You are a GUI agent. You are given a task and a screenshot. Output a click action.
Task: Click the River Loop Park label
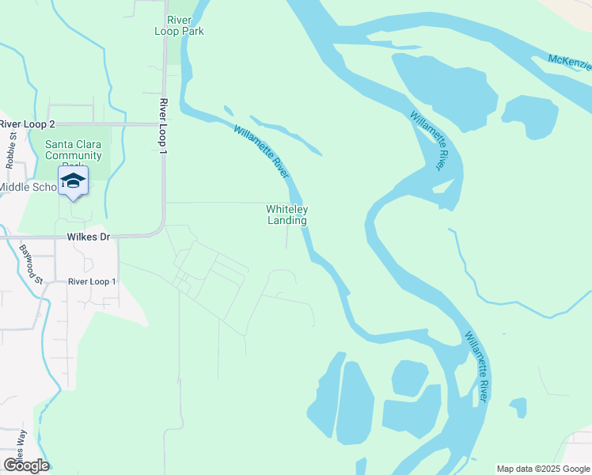pyautogui.click(x=180, y=25)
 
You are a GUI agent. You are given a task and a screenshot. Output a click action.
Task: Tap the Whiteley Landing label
pyautogui.click(x=287, y=215)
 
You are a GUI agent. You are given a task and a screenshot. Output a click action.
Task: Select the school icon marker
pyautogui.click(x=74, y=181)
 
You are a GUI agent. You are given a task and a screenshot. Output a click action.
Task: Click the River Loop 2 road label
pyautogui.click(x=28, y=124)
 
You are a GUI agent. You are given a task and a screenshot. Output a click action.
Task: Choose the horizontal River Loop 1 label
pyautogui.click(x=92, y=282)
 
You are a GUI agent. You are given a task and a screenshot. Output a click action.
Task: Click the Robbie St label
pyautogui.click(x=11, y=150)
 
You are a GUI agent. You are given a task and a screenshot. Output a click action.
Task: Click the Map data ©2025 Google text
pyautogui.click(x=542, y=469)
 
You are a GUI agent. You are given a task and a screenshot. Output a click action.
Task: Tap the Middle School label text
pyautogui.click(x=28, y=187)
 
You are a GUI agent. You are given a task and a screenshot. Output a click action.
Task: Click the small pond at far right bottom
pyautogui.click(x=518, y=408)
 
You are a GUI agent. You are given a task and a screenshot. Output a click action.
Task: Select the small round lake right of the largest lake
pyautogui.click(x=526, y=116)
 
